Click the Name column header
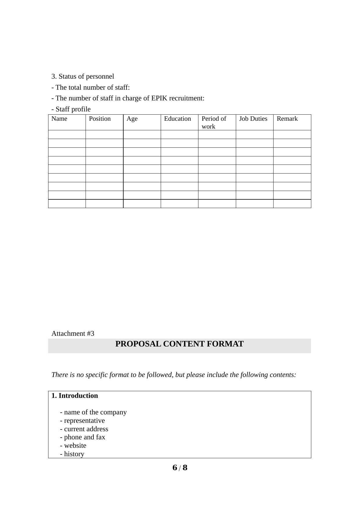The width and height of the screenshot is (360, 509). (59, 119)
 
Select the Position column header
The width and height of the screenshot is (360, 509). (100, 119)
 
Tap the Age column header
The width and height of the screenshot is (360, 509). (132, 119)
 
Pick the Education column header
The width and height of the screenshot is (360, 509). (178, 119)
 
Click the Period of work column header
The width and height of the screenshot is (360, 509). (214, 122)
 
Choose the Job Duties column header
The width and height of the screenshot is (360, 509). (253, 119)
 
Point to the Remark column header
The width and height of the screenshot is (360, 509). (287, 119)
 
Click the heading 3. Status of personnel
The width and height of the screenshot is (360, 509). (83, 76)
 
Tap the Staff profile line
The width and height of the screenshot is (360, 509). (71, 109)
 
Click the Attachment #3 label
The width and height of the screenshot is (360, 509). (73, 333)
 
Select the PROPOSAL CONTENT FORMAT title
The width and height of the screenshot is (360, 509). (180, 344)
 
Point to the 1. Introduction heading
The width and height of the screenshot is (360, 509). (75, 396)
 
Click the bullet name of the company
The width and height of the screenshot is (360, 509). (93, 412)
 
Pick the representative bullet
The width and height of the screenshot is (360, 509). (82, 420)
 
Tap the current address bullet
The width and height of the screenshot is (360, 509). (84, 429)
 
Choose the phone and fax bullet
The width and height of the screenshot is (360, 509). (83, 437)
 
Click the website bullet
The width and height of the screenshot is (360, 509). (73, 445)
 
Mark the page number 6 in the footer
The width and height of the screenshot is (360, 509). (175, 468)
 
